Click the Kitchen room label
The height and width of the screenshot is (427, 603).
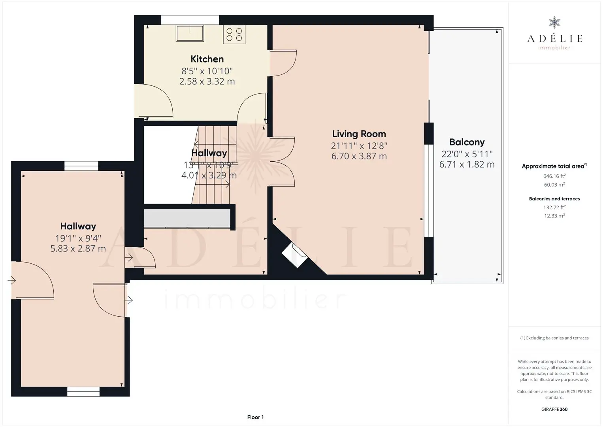click(207, 59)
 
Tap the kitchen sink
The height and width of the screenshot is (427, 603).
click(190, 33)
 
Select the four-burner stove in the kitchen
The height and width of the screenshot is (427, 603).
click(234, 34)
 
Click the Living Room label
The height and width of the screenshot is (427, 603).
click(359, 134)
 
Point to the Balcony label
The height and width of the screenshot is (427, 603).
click(467, 142)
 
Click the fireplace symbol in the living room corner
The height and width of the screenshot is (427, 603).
click(294, 255)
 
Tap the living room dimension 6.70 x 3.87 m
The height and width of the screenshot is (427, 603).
click(359, 156)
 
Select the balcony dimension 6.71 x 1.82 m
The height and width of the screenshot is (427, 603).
click(467, 164)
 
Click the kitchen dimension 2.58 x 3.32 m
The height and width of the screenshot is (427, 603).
click(207, 81)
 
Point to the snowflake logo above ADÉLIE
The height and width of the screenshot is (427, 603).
click(554, 23)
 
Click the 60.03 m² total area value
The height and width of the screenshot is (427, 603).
click(554, 185)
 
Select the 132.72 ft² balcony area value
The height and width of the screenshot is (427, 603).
click(554, 207)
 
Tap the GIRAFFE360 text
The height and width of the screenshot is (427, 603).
click(554, 409)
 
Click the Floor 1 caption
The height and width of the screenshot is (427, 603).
click(256, 417)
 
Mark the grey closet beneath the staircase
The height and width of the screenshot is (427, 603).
click(187, 218)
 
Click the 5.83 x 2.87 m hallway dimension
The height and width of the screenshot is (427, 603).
click(78, 248)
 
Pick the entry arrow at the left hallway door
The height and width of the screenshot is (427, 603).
click(11, 280)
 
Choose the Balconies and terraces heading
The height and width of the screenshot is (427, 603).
click(554, 199)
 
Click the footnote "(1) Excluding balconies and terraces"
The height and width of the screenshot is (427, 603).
click(554, 338)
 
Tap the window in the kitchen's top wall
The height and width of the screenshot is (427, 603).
click(190, 20)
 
